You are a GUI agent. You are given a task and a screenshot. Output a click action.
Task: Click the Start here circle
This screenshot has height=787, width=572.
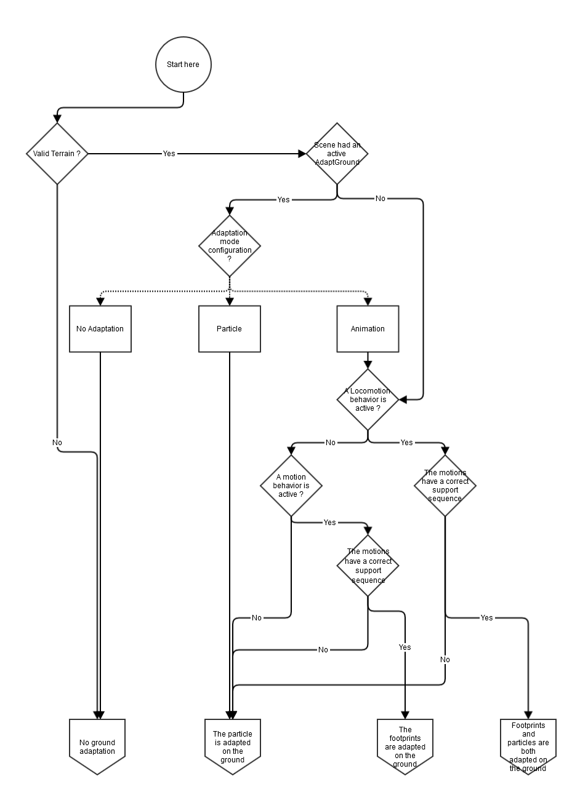[x=183, y=65]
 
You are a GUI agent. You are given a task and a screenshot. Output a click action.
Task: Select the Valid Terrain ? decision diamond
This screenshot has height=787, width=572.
[x=57, y=153]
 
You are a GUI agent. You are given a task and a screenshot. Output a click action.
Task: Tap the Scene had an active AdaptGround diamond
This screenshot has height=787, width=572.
[x=337, y=153]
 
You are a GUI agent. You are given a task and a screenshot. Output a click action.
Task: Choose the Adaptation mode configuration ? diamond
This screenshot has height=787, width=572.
[x=230, y=246]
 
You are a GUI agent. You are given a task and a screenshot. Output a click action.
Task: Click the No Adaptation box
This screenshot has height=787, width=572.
[x=100, y=329]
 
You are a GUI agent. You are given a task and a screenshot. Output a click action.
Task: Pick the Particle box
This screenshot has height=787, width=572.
[x=229, y=329]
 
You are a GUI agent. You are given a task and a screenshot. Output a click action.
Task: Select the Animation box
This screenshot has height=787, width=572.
[x=368, y=329]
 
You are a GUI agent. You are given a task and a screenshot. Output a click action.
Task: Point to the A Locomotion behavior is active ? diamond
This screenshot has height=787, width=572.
[x=368, y=399]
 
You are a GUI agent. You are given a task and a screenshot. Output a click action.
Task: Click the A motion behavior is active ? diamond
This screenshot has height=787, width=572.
[x=291, y=485]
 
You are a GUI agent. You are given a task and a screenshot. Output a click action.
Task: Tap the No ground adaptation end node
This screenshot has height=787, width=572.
[x=97, y=746]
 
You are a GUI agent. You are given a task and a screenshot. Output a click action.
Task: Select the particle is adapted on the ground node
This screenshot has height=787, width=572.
[x=232, y=746]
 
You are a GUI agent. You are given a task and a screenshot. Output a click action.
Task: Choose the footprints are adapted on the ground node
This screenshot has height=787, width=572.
[x=405, y=746]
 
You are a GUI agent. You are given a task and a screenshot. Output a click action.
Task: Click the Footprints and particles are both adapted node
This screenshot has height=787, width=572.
[x=528, y=746]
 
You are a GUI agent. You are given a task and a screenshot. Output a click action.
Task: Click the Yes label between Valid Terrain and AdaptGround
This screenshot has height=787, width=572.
[x=169, y=153]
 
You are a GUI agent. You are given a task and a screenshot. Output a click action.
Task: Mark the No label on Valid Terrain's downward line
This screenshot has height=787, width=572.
[x=57, y=443]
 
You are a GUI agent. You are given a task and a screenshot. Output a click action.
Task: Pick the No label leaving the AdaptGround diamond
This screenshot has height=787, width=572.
[x=381, y=199]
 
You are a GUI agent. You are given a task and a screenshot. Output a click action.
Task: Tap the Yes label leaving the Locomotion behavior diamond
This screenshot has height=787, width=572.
[x=406, y=443]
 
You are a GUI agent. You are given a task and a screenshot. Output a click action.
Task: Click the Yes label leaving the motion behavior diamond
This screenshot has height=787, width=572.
[x=330, y=523]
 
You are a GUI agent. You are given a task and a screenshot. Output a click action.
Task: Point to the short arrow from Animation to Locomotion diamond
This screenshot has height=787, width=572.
[x=368, y=360]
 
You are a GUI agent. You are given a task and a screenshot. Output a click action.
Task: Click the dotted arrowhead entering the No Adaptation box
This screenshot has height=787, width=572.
[x=100, y=301]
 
